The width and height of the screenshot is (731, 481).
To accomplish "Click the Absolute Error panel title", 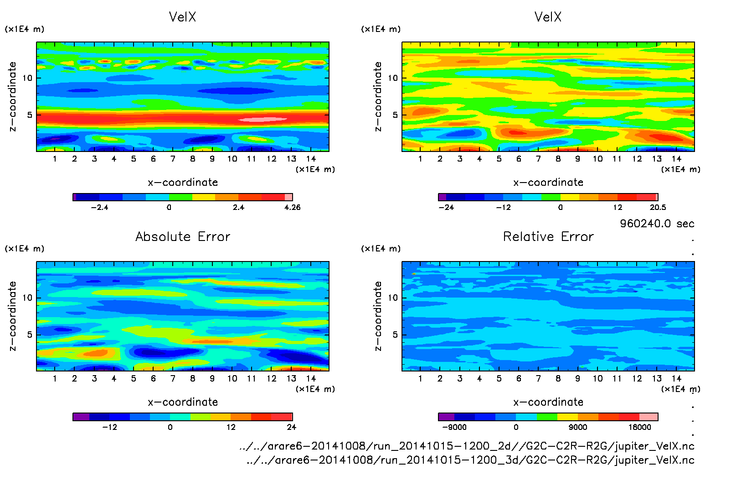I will pyautogui.click(x=183, y=236).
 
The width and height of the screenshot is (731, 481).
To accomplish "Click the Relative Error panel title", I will pyautogui.click(x=548, y=236).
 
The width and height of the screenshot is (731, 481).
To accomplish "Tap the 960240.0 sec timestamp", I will pyautogui.click(x=657, y=224).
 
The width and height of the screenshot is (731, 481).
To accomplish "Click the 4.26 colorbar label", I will pyautogui.click(x=292, y=207).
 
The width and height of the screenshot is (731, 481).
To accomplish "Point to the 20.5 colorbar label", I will pyautogui.click(x=658, y=207).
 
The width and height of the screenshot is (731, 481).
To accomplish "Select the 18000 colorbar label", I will pyautogui.click(x=639, y=427).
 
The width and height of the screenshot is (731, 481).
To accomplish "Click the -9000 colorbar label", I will pyautogui.click(x=454, y=427).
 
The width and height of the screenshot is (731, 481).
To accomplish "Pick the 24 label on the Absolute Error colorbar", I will pyautogui.click(x=291, y=427).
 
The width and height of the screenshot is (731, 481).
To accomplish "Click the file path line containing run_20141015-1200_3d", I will pyautogui.click(x=470, y=460).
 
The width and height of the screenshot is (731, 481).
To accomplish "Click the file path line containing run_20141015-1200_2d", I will pyautogui.click(x=467, y=446).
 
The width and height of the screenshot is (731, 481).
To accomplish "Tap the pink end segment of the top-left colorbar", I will pyautogui.click(x=288, y=197).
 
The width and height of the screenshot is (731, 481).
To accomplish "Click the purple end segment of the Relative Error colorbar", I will pyautogui.click(x=446, y=417).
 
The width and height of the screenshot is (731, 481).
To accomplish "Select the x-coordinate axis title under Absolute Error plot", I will pyautogui.click(x=183, y=402).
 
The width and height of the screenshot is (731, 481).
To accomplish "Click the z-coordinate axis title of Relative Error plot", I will pyautogui.click(x=377, y=316).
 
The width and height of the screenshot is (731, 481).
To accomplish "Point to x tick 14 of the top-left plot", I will pyautogui.click(x=311, y=159).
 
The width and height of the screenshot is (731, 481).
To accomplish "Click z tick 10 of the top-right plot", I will pyautogui.click(x=393, y=78).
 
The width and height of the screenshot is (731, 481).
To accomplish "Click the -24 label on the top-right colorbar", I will pyautogui.click(x=446, y=207).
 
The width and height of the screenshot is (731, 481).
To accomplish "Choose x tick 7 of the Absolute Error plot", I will pyautogui.click(x=173, y=378).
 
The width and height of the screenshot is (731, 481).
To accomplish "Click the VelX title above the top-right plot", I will pyautogui.click(x=548, y=17).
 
